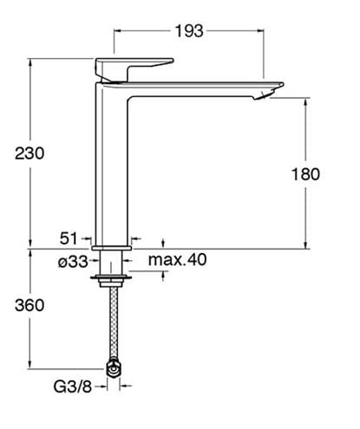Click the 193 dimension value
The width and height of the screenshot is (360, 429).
(x=189, y=31)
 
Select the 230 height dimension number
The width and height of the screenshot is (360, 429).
(x=29, y=153)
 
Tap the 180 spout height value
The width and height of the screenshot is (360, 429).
(x=305, y=174)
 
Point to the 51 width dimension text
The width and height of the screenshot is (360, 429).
(x=69, y=238)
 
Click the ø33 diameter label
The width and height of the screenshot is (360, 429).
(x=73, y=262)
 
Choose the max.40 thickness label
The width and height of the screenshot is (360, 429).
(x=178, y=259)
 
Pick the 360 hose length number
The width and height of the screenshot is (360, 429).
(x=29, y=305)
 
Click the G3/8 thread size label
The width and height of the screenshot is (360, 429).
(x=73, y=387)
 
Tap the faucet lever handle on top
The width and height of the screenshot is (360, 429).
(x=134, y=69)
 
